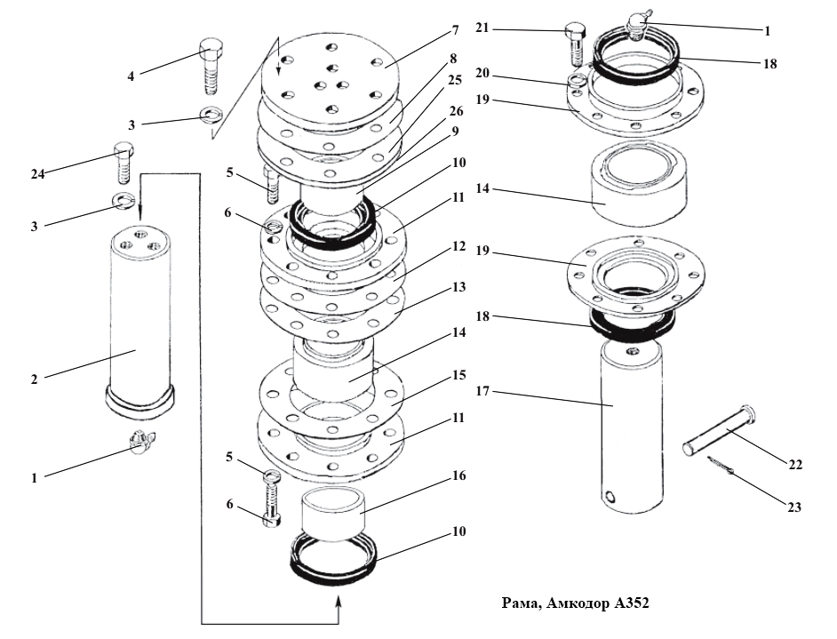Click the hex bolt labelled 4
coord(212,66)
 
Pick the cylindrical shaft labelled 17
coord(633,426)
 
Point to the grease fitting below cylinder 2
coord(140,441)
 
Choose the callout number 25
coord(455,80)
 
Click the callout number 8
coord(453,58)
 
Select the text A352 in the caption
coord(632,603)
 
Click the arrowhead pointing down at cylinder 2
coord(140,213)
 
